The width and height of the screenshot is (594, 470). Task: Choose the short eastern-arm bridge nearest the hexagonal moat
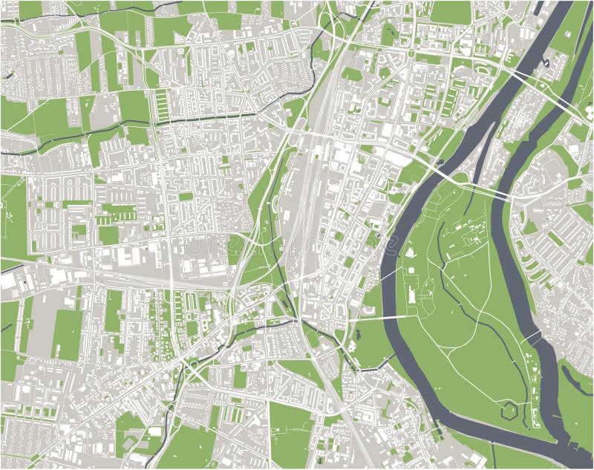[x=532, y=338]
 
